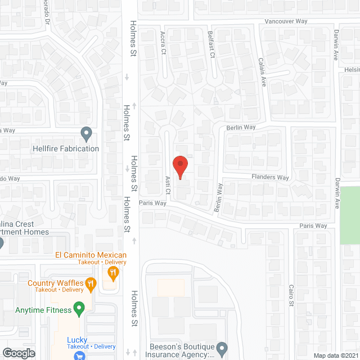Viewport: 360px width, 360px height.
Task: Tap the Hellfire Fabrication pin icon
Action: point(86,134)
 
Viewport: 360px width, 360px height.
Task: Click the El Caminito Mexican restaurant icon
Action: point(113,273)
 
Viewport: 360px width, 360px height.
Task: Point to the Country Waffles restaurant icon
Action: point(89,286)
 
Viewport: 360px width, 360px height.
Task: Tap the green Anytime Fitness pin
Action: point(79,308)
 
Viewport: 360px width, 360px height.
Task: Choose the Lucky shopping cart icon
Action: point(79,355)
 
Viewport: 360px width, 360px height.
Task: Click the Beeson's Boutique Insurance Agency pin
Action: point(222,348)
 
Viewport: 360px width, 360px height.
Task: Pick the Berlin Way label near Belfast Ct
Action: point(241,128)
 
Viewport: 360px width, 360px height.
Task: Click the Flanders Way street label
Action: point(270,178)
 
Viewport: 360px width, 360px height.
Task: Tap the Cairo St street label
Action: point(291,295)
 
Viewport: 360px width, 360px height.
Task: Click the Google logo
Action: point(19,353)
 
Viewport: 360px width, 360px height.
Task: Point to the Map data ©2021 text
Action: point(335,355)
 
